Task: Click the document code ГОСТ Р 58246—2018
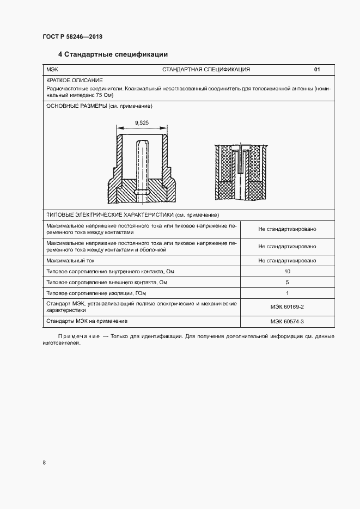pyautogui.click(x=72, y=37)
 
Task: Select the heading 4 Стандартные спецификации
pyautogui.click(x=113, y=54)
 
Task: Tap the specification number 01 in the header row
pyautogui.click(x=317, y=70)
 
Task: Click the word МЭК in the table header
pyautogui.click(x=52, y=70)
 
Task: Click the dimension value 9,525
pyautogui.click(x=141, y=123)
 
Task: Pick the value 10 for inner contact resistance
pyautogui.click(x=287, y=271)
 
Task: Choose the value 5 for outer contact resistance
pyautogui.click(x=287, y=282)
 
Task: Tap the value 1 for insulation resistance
pyautogui.click(x=287, y=293)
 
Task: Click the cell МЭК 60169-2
pyautogui.click(x=287, y=306)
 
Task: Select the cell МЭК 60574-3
pyautogui.click(x=287, y=321)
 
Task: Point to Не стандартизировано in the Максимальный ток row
pyautogui.click(x=287, y=260)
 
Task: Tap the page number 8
pyautogui.click(x=44, y=463)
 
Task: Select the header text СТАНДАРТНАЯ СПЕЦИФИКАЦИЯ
pyautogui.click(x=206, y=70)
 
